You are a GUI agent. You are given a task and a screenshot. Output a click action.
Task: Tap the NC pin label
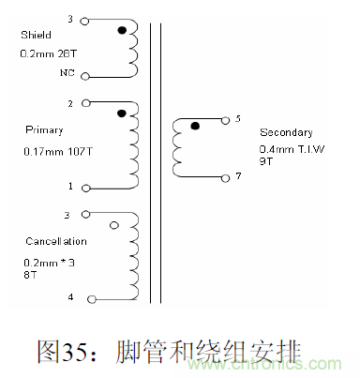click(x=66, y=74)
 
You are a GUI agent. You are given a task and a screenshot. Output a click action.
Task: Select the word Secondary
click(x=285, y=133)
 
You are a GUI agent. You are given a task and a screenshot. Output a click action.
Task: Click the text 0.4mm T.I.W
click(x=290, y=149)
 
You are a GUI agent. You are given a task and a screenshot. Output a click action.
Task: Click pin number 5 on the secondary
click(x=238, y=119)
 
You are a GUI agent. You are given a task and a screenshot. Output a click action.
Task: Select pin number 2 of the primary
click(x=71, y=103)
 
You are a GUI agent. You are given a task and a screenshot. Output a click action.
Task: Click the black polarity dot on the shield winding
click(x=122, y=31)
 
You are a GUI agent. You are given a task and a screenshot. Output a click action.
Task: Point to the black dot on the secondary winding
click(x=194, y=126)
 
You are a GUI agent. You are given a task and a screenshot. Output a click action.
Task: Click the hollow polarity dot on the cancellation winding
click(x=115, y=225)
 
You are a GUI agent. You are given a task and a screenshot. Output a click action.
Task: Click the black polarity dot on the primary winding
click(x=122, y=113)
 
